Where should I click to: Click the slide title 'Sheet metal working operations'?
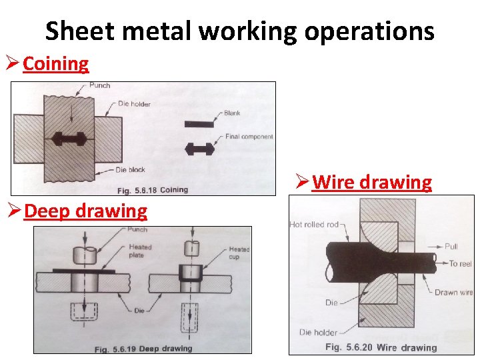click(240, 31)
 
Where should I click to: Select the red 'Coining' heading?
click(55, 64)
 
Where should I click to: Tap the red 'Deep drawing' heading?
click(85, 211)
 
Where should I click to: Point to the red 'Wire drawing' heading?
click(372, 182)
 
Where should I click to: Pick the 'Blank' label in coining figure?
click(232, 113)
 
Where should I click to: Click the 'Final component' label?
click(249, 137)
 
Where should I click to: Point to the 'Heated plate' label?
click(139, 251)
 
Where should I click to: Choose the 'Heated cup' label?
click(239, 253)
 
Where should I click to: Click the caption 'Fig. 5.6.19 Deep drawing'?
click(143, 347)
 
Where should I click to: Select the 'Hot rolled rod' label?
click(314, 225)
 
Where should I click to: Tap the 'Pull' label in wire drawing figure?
click(452, 247)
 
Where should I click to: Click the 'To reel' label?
click(460, 263)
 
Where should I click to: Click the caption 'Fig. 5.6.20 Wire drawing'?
click(381, 347)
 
